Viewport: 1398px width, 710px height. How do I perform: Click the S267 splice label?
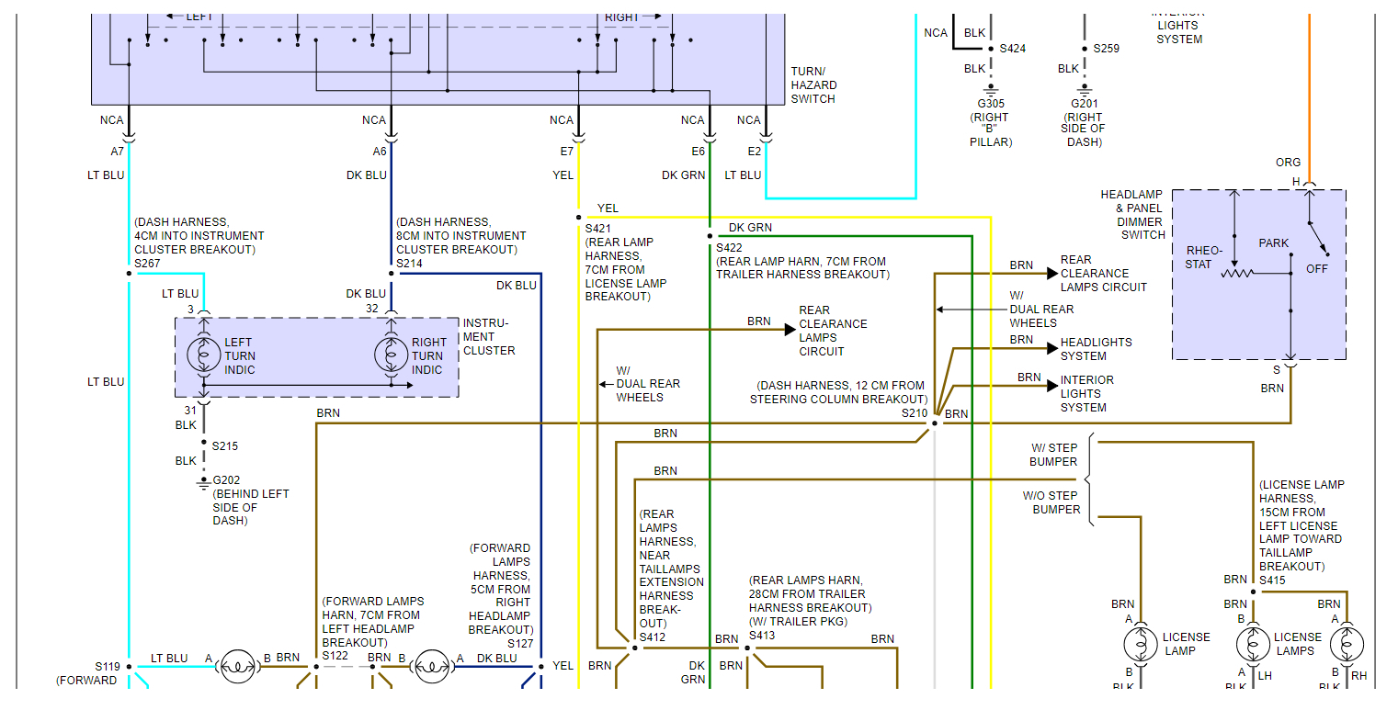(147, 264)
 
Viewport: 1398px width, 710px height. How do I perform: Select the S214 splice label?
(410, 264)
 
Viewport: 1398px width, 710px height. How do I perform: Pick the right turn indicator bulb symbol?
(391, 355)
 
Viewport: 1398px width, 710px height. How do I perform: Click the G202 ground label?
(226, 479)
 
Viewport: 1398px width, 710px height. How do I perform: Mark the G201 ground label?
(1085, 104)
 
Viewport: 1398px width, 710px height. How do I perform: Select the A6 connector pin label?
(380, 151)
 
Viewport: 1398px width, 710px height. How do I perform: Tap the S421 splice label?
(599, 228)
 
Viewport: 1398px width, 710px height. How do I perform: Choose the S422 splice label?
(731, 247)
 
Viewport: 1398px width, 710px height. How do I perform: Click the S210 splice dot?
(935, 423)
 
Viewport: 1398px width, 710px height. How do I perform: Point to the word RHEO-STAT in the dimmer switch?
(1205, 257)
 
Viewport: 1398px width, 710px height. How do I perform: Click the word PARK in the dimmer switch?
(1274, 243)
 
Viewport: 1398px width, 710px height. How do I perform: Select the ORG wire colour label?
(1288, 163)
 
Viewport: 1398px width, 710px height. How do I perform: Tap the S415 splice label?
(1273, 580)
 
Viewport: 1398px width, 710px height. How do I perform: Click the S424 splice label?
(1013, 49)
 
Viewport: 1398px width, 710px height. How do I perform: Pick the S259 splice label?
(1106, 49)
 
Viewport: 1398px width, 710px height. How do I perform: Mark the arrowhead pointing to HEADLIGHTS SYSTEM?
(1053, 348)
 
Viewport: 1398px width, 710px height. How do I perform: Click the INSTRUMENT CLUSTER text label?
(489, 336)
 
